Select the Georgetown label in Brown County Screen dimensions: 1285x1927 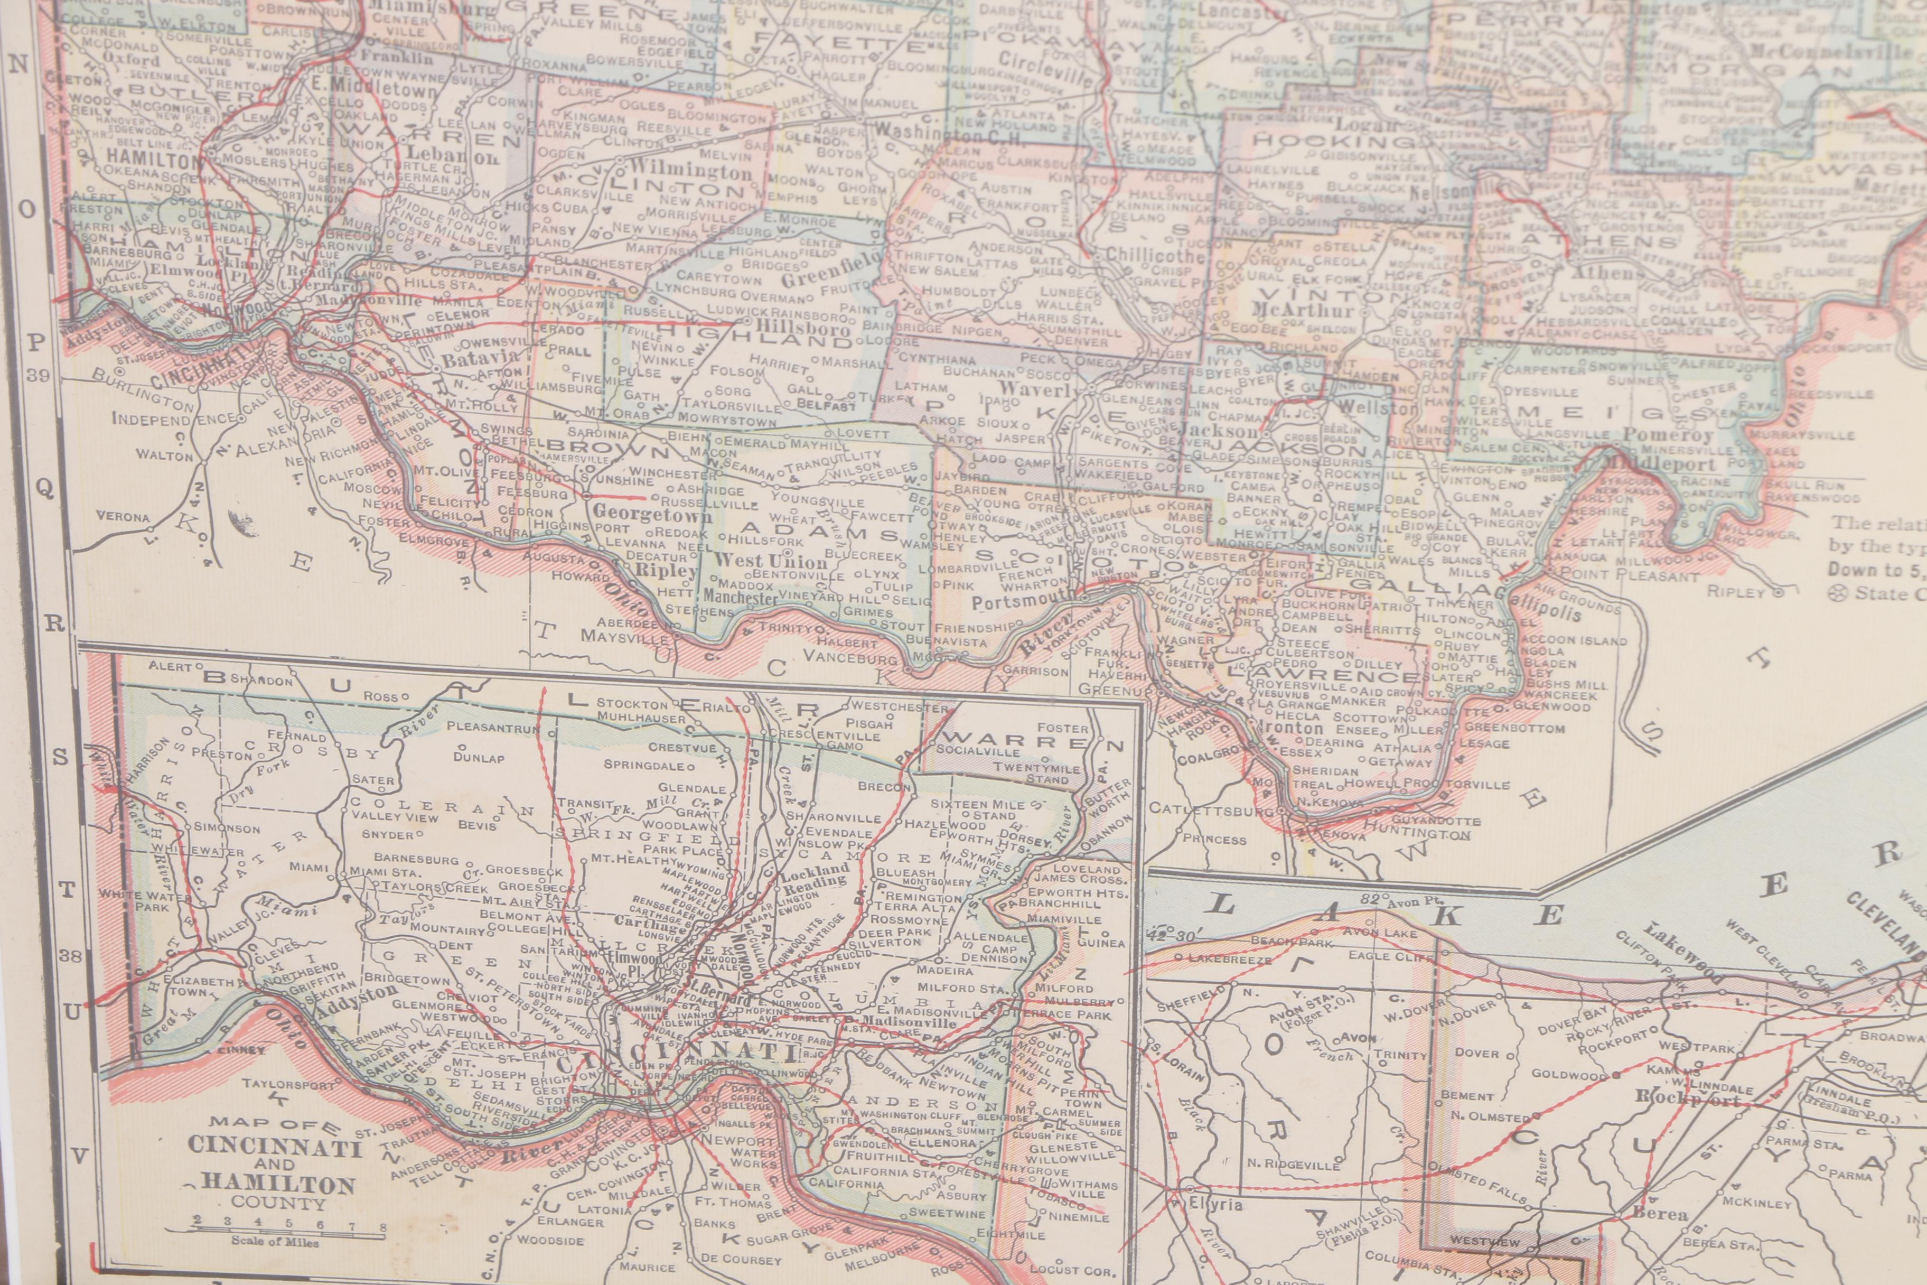coord(652,515)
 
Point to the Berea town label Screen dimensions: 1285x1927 coord(1660,1214)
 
